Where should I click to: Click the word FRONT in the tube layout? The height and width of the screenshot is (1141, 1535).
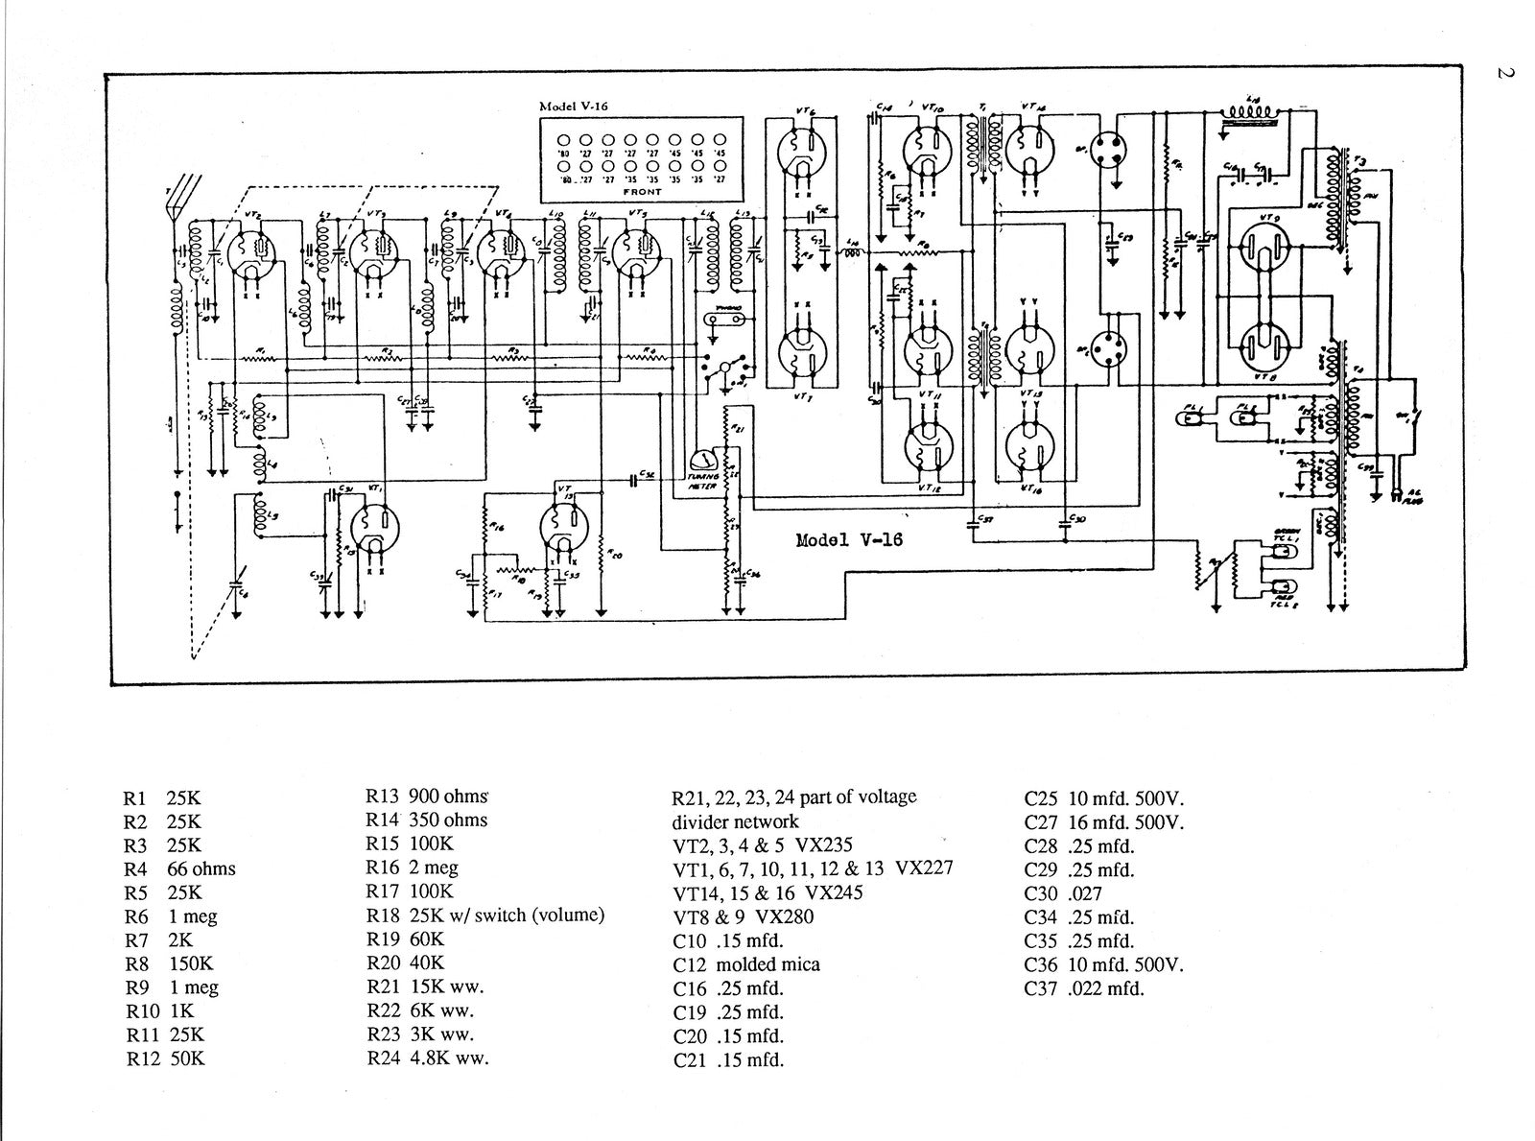pyautogui.click(x=642, y=192)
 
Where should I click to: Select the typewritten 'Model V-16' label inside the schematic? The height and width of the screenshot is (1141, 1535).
pyautogui.click(x=849, y=539)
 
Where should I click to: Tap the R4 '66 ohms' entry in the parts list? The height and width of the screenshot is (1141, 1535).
pyautogui.click(x=180, y=868)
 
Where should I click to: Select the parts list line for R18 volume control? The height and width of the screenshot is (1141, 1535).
pyautogui.click(x=484, y=915)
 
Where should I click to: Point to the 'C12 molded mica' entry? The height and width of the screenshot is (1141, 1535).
pyautogui.click(x=746, y=963)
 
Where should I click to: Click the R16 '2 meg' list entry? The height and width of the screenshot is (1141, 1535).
pyautogui.click(x=413, y=868)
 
